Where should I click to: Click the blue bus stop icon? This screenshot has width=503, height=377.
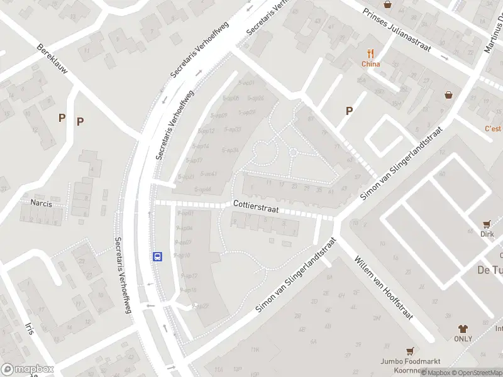pos(157,256)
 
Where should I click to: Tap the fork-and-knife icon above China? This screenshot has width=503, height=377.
pos(371,54)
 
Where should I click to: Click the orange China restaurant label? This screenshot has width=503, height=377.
pos(371,64)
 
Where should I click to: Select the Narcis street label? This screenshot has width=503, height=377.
pos(41,203)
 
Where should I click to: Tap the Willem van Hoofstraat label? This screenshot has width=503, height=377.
pos(384,288)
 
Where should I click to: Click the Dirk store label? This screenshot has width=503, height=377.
pos(487,234)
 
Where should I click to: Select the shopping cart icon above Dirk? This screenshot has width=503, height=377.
pos(487,224)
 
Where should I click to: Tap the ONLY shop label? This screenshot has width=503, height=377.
pos(463,339)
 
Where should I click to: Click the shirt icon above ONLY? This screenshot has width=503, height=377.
pos(463,329)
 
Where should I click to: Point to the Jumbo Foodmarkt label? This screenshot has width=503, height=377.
pos(409,361)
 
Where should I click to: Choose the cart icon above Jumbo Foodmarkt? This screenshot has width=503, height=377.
pos(410,351)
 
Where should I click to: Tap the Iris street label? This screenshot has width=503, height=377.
pos(29,331)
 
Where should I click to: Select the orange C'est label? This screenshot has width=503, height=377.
pos(493,129)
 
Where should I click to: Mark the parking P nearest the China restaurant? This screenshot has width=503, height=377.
pos(349,111)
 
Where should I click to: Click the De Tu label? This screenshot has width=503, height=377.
pos(489,270)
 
